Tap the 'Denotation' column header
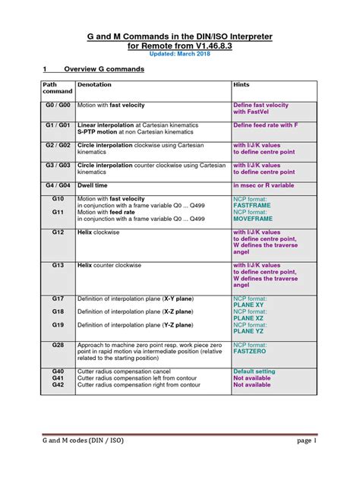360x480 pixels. click(x=95, y=85)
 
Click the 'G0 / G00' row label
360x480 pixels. click(x=58, y=105)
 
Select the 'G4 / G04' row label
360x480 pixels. click(x=58, y=185)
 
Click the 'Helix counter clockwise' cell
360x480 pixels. click(x=109, y=266)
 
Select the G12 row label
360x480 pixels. click(x=58, y=232)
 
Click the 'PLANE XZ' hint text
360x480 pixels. click(x=249, y=318)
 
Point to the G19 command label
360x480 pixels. click(x=58, y=325)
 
